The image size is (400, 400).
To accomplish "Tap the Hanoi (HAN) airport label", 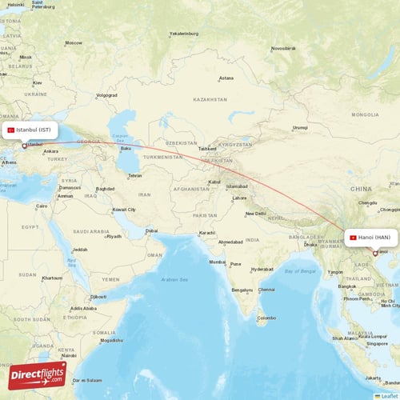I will point(370,238).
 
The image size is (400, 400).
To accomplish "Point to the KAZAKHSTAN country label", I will point(210,99).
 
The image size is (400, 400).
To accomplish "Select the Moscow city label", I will point(73,42).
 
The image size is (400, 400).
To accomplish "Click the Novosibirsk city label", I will point(283,48).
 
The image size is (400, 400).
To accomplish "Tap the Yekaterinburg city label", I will point(183,34).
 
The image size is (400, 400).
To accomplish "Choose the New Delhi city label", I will point(256,213).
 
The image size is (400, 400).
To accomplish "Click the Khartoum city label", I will point(52,278).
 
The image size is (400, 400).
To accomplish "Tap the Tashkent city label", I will point(208,148).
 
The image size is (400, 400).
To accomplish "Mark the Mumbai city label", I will point(217,262).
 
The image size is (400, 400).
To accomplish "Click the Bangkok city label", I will point(346,286).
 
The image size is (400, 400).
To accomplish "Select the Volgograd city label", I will point(106,95).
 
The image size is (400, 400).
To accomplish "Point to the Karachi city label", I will point(207,233).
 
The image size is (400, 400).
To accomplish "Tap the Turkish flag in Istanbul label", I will point(11,130).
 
